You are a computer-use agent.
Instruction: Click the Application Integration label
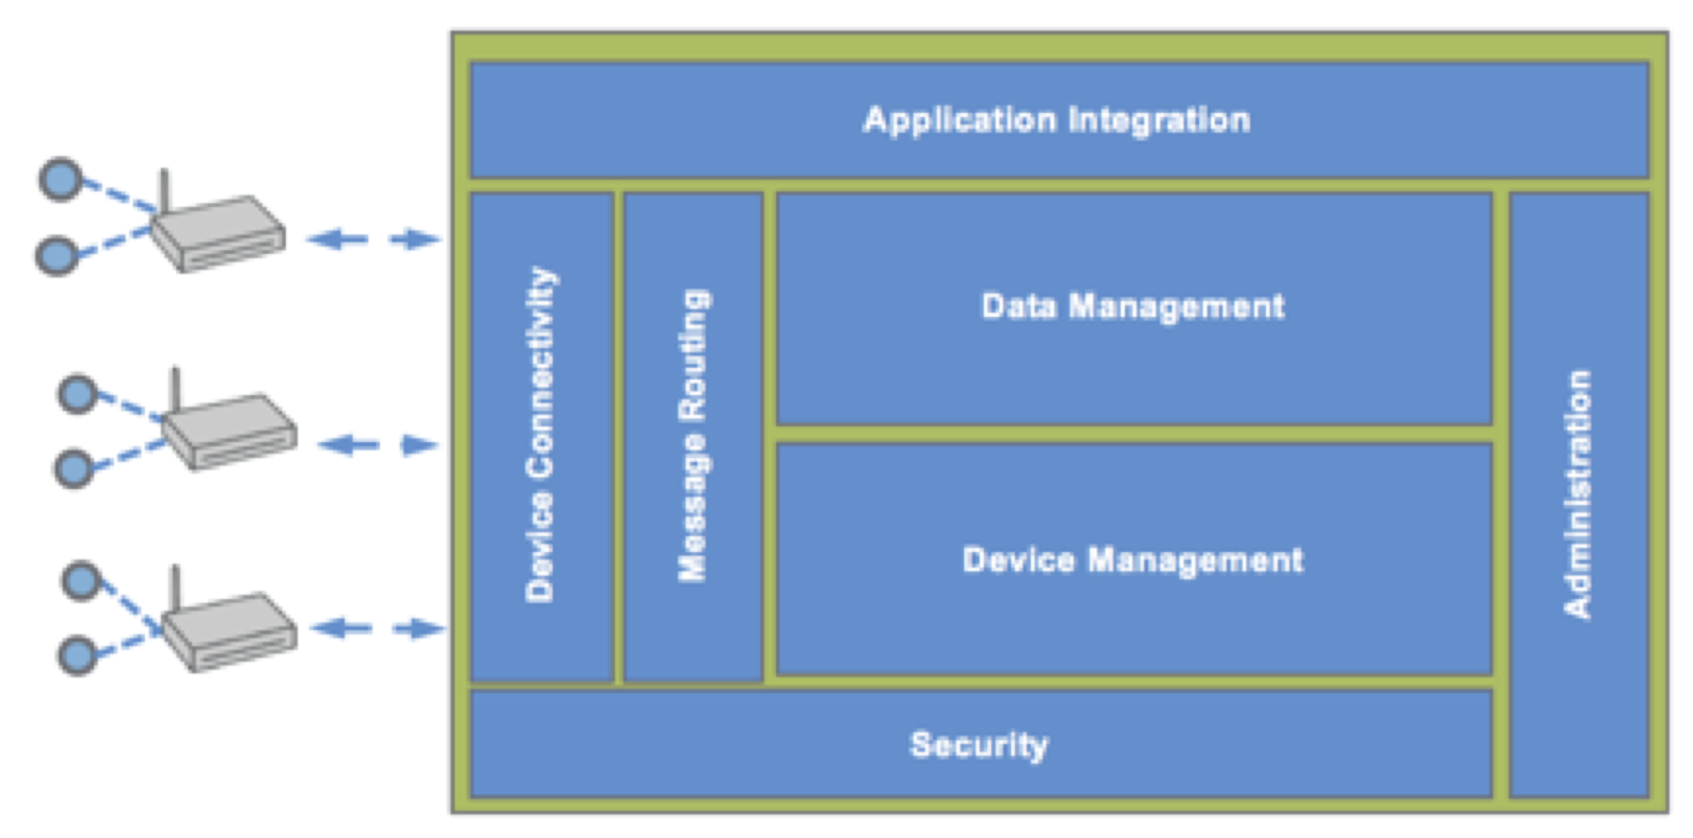(1056, 120)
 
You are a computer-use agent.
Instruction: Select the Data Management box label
(1132, 307)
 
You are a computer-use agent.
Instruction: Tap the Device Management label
(1132, 561)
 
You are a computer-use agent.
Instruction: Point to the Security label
(979, 745)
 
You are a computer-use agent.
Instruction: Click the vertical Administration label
(1578, 494)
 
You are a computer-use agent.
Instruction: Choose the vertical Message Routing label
(693, 435)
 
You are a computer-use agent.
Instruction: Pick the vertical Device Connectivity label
(541, 435)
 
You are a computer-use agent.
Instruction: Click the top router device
(218, 233)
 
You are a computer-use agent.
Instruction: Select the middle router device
(229, 431)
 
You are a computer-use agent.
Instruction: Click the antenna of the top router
(164, 193)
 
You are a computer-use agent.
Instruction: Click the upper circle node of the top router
(60, 179)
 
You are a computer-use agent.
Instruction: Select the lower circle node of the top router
(56, 255)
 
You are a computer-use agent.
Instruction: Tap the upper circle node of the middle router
(78, 394)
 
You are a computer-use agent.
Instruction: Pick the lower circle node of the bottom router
(77, 656)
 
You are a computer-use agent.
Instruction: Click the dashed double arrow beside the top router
(373, 239)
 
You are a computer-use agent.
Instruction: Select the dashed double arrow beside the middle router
(379, 444)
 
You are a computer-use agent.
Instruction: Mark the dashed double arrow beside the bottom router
(377, 628)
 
